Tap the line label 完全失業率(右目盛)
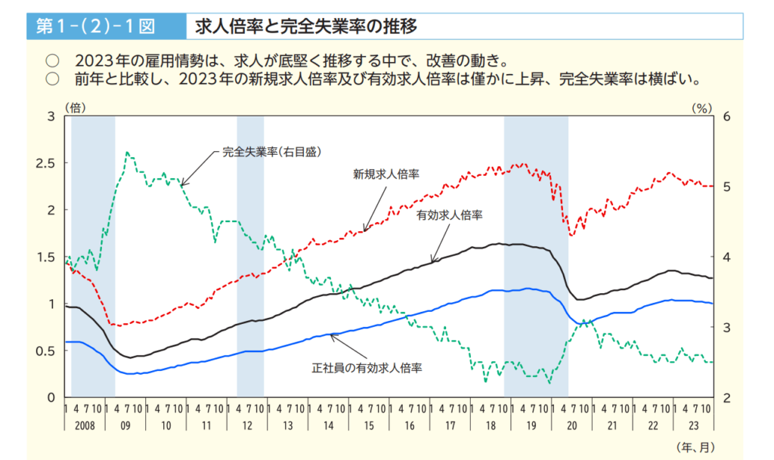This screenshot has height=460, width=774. point(272,152)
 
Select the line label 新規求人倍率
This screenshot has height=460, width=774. point(386,174)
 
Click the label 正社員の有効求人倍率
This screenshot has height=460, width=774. point(367,369)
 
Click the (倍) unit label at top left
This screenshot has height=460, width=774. point(76,108)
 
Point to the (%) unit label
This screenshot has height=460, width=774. point(702,108)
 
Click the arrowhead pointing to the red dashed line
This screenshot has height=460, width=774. point(364,230)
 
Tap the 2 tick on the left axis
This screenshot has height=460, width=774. point(51,210)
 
